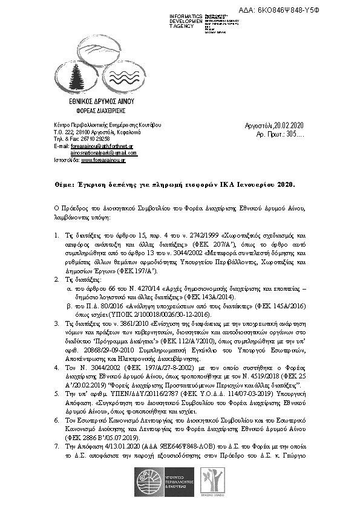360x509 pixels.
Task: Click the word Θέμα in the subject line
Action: coord(56,181)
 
